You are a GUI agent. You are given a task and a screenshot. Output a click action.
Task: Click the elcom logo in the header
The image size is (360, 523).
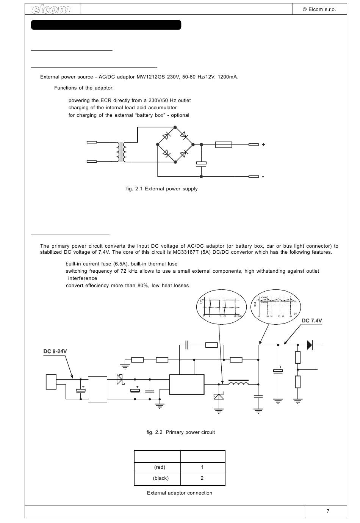(x=52, y=9)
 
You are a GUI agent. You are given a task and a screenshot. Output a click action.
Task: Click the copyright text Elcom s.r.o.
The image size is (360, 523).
(x=319, y=9)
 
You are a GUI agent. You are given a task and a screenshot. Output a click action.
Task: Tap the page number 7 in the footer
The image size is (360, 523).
(x=328, y=511)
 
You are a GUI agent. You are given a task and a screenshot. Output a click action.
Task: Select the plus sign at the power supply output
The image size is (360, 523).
(x=263, y=144)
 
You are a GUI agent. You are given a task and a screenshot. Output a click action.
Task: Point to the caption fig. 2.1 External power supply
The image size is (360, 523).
(x=162, y=189)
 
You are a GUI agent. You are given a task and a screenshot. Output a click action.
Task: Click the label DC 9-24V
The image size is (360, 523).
(x=55, y=352)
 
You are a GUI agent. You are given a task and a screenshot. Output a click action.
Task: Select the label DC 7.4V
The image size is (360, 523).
(x=311, y=321)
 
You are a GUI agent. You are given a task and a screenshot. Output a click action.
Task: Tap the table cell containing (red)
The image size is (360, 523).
(x=160, y=467)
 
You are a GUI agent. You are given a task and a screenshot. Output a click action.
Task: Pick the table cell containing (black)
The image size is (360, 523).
(x=161, y=478)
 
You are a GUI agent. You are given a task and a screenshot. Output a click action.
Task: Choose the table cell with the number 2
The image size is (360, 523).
(x=202, y=478)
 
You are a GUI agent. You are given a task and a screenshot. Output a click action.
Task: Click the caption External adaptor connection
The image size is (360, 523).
(x=180, y=493)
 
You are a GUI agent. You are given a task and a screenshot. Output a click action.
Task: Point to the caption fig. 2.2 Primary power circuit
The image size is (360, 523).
(x=181, y=432)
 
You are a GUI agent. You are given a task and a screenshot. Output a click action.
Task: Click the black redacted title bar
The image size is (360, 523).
(x=106, y=25)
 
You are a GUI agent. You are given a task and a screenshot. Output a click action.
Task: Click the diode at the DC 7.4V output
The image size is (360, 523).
(x=309, y=345)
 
